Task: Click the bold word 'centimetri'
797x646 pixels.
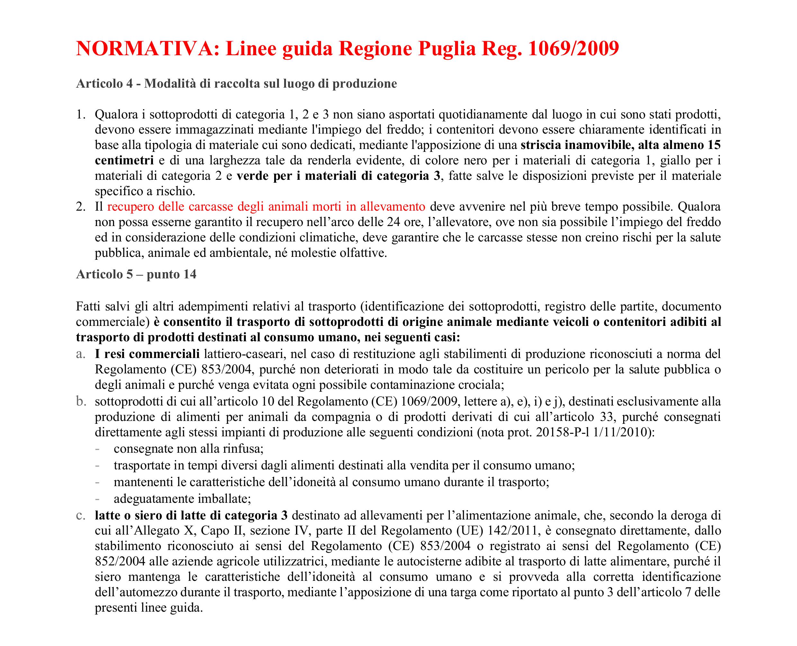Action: click(124, 161)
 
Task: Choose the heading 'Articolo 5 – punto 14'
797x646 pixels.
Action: click(136, 274)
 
